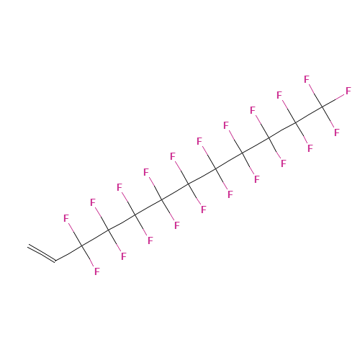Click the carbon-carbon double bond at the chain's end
[x=42, y=253]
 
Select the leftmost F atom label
[x=66, y=218]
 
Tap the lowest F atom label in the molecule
[x=97, y=271]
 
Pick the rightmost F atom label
[x=348, y=91]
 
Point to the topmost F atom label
[x=307, y=79]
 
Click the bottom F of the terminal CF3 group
[x=337, y=132]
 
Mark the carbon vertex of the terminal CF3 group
[x=322, y=107]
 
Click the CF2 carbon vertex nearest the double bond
[x=82, y=246]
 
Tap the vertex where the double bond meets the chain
[x=55, y=261]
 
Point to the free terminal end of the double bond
[x=28, y=246]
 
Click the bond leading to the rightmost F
[x=333, y=100]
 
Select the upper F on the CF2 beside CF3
[x=279, y=95]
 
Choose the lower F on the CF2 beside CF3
[x=310, y=148]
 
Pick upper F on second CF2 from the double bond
[x=93, y=202]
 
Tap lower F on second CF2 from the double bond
[x=124, y=256]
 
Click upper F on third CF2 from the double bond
[x=120, y=187]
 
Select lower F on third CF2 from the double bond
[x=150, y=240]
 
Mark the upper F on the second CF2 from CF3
[x=253, y=110]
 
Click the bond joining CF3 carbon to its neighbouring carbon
[x=309, y=114]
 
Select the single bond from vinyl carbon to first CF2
[x=68, y=253]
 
